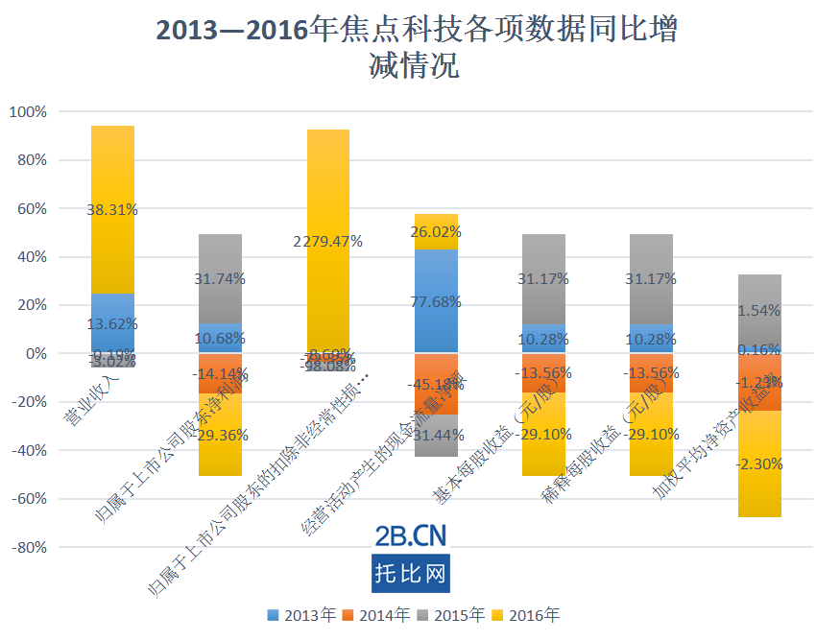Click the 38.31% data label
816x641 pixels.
click(112, 208)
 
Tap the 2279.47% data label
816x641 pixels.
click(327, 242)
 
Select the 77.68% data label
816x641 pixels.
click(435, 301)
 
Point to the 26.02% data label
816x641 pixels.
click(435, 231)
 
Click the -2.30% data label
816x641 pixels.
click(759, 463)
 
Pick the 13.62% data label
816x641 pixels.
click(112, 323)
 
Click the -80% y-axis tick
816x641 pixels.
click(28, 547)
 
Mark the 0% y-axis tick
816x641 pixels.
click(36, 354)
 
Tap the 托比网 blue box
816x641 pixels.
click(410, 573)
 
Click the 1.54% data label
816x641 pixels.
click(759, 311)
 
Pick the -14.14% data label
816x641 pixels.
click(220, 374)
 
